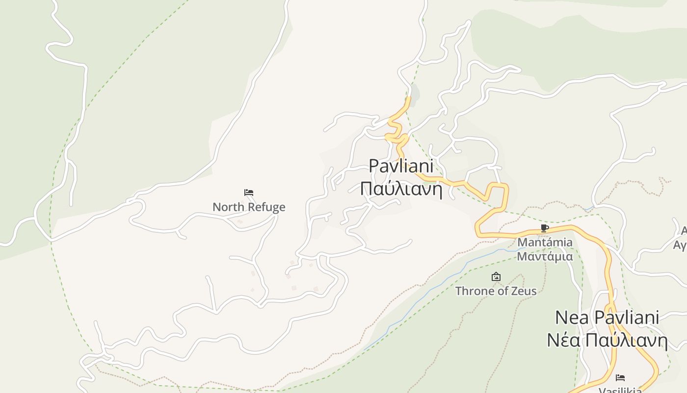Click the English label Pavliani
(401, 166)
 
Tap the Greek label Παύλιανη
(401, 189)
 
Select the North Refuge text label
(249, 207)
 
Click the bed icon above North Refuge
(249, 192)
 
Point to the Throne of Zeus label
(496, 291)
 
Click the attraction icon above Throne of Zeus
(496, 277)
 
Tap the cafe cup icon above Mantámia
(544, 228)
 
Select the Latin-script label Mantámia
(545, 242)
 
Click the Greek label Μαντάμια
(545, 256)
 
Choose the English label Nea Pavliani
(607, 318)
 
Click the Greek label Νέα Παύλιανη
(607, 340)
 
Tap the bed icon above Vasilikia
(620, 378)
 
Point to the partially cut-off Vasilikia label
(620, 390)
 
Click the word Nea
(572, 318)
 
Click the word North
(228, 207)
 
